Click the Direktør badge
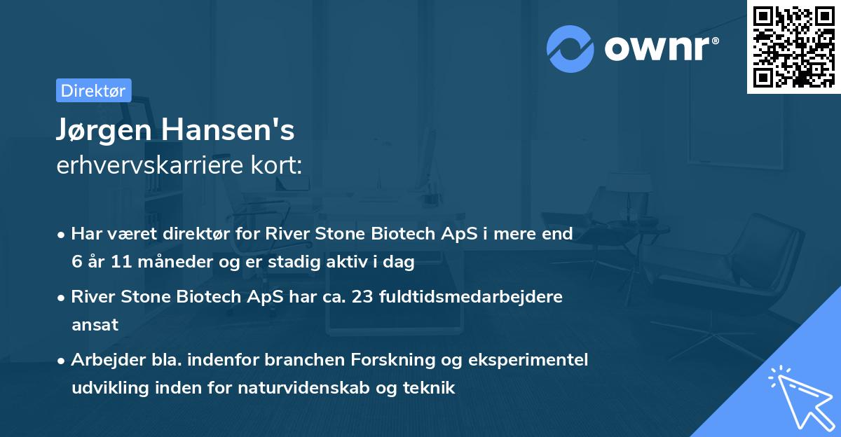[93, 90]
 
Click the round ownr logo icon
[570, 48]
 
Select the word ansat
[95, 324]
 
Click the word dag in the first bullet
[401, 263]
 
